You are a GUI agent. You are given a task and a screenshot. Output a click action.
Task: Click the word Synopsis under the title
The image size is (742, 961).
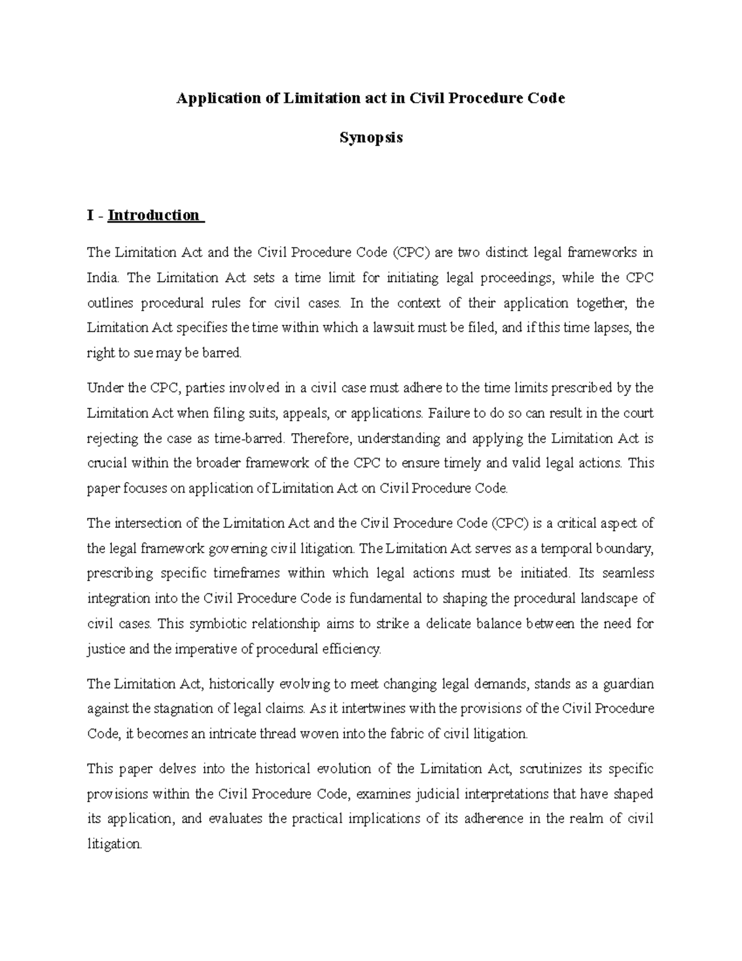[x=371, y=137]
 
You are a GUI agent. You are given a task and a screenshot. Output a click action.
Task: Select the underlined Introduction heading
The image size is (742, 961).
[x=153, y=215]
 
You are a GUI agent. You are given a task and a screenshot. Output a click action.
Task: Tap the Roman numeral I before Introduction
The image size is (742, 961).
[x=91, y=215]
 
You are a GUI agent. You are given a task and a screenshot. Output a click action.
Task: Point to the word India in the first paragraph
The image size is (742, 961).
[x=102, y=278]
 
